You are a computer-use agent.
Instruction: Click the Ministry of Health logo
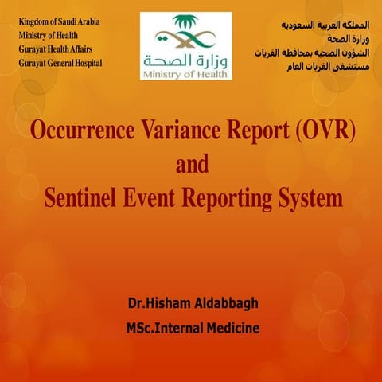(x=186, y=45)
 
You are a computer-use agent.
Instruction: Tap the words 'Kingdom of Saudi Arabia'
(x=60, y=21)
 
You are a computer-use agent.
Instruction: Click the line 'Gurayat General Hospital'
(x=61, y=62)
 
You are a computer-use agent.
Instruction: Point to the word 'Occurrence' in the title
(x=78, y=131)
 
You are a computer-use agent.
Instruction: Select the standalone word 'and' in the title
(x=191, y=165)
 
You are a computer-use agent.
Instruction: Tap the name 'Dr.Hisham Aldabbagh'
(x=192, y=305)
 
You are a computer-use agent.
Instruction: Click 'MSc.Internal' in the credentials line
(x=163, y=327)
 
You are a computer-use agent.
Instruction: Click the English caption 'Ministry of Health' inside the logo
(x=185, y=73)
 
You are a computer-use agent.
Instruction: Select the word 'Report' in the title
(x=247, y=131)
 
